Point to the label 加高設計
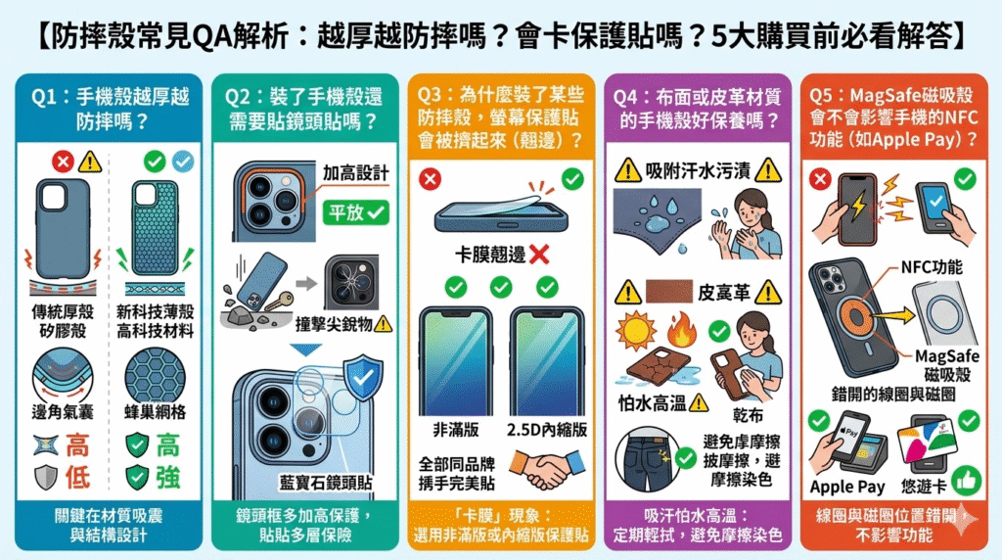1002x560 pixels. click(x=355, y=173)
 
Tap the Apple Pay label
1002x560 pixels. click(x=847, y=487)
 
